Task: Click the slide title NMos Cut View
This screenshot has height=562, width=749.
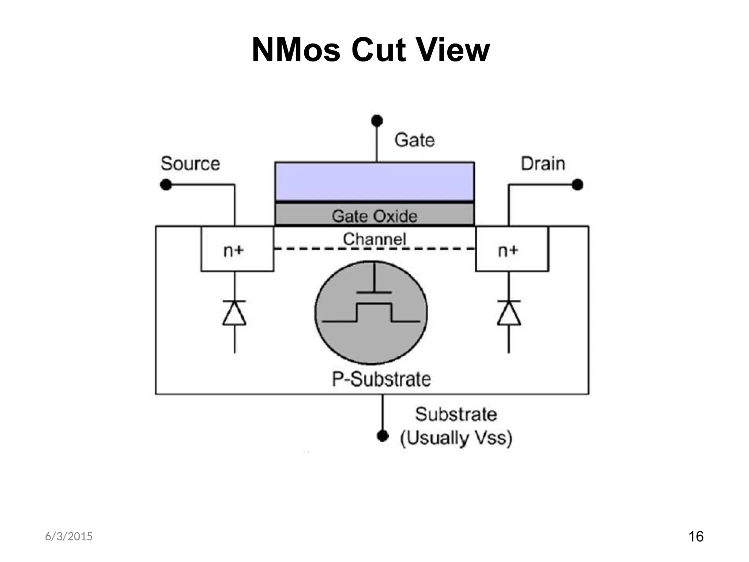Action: pyautogui.click(x=370, y=50)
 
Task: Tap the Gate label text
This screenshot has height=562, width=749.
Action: pyautogui.click(x=414, y=140)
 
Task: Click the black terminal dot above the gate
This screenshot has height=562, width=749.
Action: pyautogui.click(x=377, y=121)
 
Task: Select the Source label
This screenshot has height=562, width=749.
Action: pyautogui.click(x=190, y=164)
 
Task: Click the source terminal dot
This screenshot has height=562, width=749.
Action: pyautogui.click(x=166, y=185)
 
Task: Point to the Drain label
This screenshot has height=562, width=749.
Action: pyautogui.click(x=543, y=164)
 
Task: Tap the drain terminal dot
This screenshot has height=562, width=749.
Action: pyautogui.click(x=577, y=185)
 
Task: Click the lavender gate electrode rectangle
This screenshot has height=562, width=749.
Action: pyautogui.click(x=374, y=181)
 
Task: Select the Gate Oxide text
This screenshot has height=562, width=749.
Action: pyautogui.click(x=374, y=216)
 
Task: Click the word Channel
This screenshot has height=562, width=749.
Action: pyautogui.click(x=374, y=239)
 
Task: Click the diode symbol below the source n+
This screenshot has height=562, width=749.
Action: pyautogui.click(x=234, y=313)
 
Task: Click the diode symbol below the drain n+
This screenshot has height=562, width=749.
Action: pyautogui.click(x=509, y=313)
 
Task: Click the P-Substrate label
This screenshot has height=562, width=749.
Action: pyautogui.click(x=381, y=379)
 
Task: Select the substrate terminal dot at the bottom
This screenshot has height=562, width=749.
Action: pyautogui.click(x=383, y=436)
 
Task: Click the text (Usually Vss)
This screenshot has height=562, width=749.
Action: pyautogui.click(x=456, y=438)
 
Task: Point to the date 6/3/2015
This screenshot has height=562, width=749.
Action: pyautogui.click(x=69, y=536)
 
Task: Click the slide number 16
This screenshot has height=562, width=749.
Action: pyautogui.click(x=696, y=537)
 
